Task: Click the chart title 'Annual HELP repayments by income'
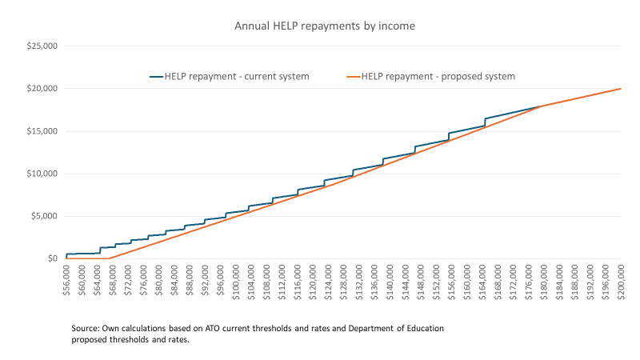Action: coord(325,26)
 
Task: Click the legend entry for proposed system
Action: coord(430,77)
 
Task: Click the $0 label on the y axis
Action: coord(51,258)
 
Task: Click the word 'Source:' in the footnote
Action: coord(86,329)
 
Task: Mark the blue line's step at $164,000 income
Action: coord(485,122)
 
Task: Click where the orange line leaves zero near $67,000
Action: coord(109,258)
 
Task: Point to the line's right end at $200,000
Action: coord(621,89)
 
